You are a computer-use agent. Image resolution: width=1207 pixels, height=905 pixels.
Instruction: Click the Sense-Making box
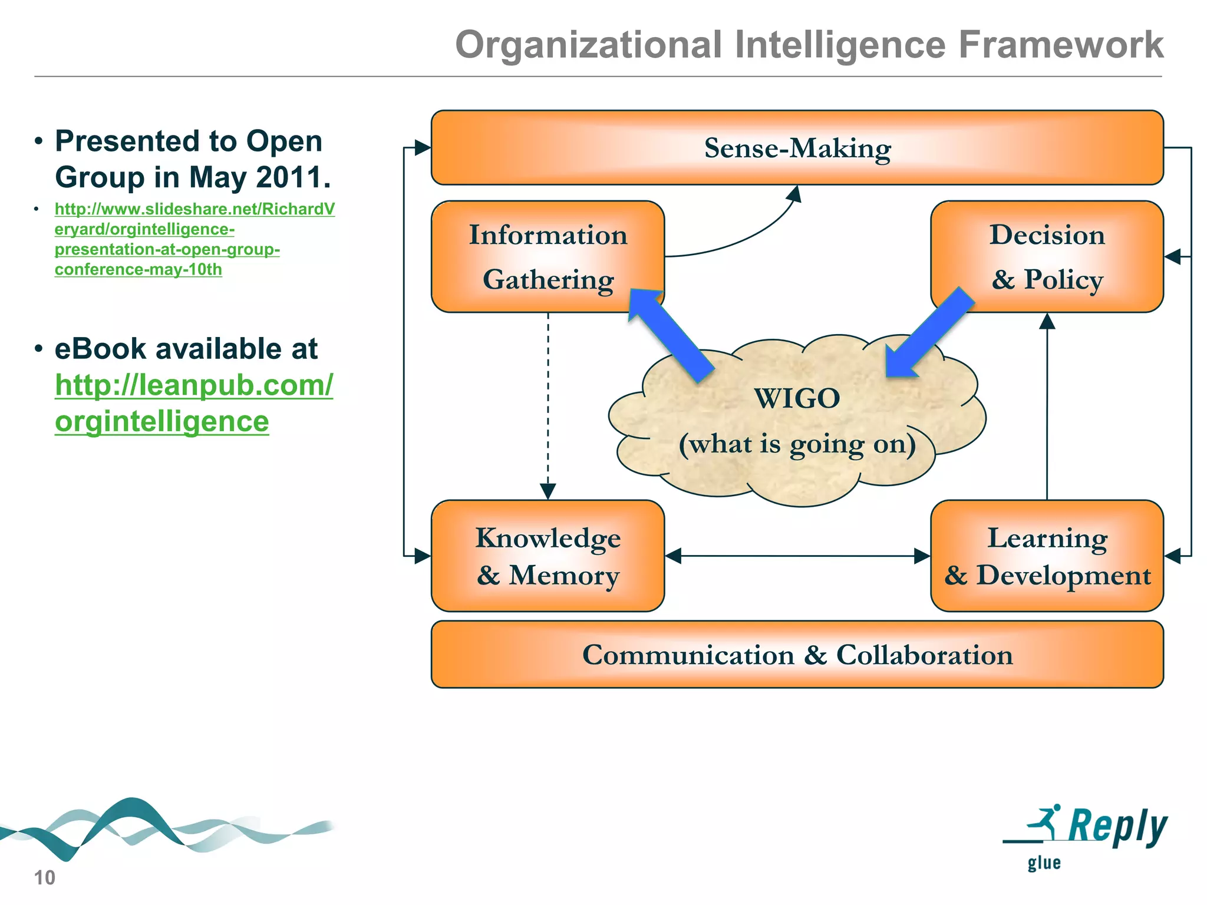[797, 148]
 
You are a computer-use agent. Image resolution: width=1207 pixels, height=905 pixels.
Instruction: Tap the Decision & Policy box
[1047, 257]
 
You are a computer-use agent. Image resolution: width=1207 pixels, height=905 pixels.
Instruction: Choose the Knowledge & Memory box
[548, 556]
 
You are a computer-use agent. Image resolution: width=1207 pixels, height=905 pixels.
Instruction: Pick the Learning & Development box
[1047, 556]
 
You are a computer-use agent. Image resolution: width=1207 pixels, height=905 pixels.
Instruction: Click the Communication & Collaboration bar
[797, 655]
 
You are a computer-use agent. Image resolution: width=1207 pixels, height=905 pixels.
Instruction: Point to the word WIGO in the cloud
[797, 399]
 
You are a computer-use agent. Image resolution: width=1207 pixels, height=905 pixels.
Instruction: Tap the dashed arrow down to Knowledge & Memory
[548, 407]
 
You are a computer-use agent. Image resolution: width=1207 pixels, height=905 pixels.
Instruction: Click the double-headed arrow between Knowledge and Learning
[797, 556]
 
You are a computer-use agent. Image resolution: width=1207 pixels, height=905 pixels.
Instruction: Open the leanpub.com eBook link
[194, 403]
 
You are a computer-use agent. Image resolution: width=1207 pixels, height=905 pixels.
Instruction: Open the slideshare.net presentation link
[194, 239]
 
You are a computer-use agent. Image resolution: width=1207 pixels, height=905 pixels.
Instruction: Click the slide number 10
[45, 878]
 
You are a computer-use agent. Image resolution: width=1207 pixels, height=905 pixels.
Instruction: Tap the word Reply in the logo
[1117, 826]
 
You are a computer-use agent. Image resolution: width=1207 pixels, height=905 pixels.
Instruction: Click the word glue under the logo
[1044, 864]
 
